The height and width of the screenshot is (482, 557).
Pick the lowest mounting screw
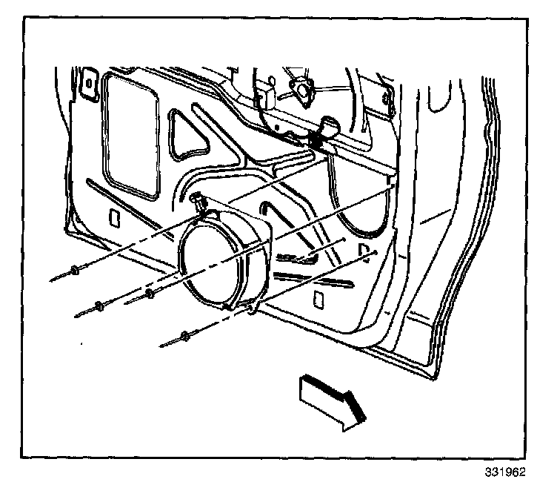[183, 338]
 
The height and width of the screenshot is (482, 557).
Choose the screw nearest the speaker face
[150, 295]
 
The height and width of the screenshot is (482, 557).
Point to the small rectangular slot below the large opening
[113, 219]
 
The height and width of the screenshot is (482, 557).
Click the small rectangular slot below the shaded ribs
[317, 298]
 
